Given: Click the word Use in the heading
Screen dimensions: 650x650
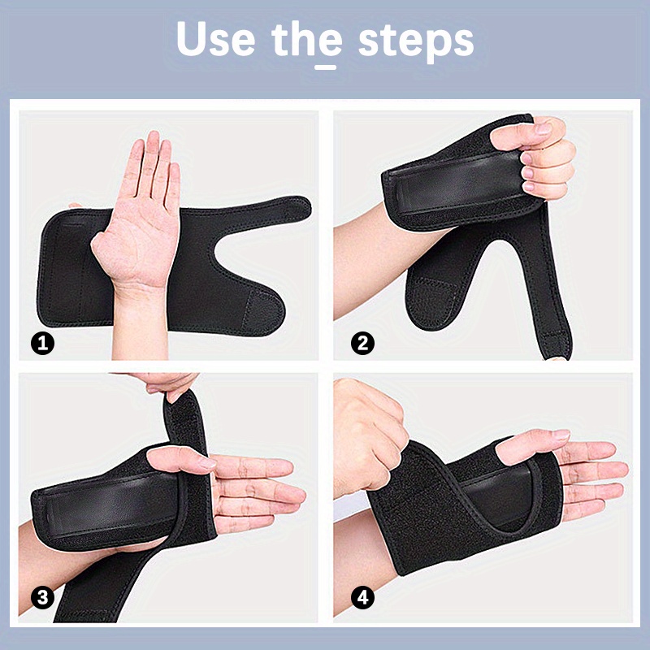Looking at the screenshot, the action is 215,38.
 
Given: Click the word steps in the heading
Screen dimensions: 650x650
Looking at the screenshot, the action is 415,41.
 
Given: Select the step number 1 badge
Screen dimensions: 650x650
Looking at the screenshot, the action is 43,343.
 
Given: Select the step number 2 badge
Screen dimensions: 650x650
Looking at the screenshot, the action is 362,343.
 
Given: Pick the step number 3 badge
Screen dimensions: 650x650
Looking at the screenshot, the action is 43,597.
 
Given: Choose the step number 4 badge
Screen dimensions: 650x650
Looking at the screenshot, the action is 362,597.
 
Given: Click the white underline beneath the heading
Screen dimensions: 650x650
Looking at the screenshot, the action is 326,67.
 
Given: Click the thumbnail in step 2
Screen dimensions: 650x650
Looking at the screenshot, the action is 544,128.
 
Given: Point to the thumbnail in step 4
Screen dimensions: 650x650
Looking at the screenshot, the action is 562,435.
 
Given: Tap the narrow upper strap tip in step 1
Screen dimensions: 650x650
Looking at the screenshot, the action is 297,208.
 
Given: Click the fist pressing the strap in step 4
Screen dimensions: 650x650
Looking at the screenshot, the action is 369,440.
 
